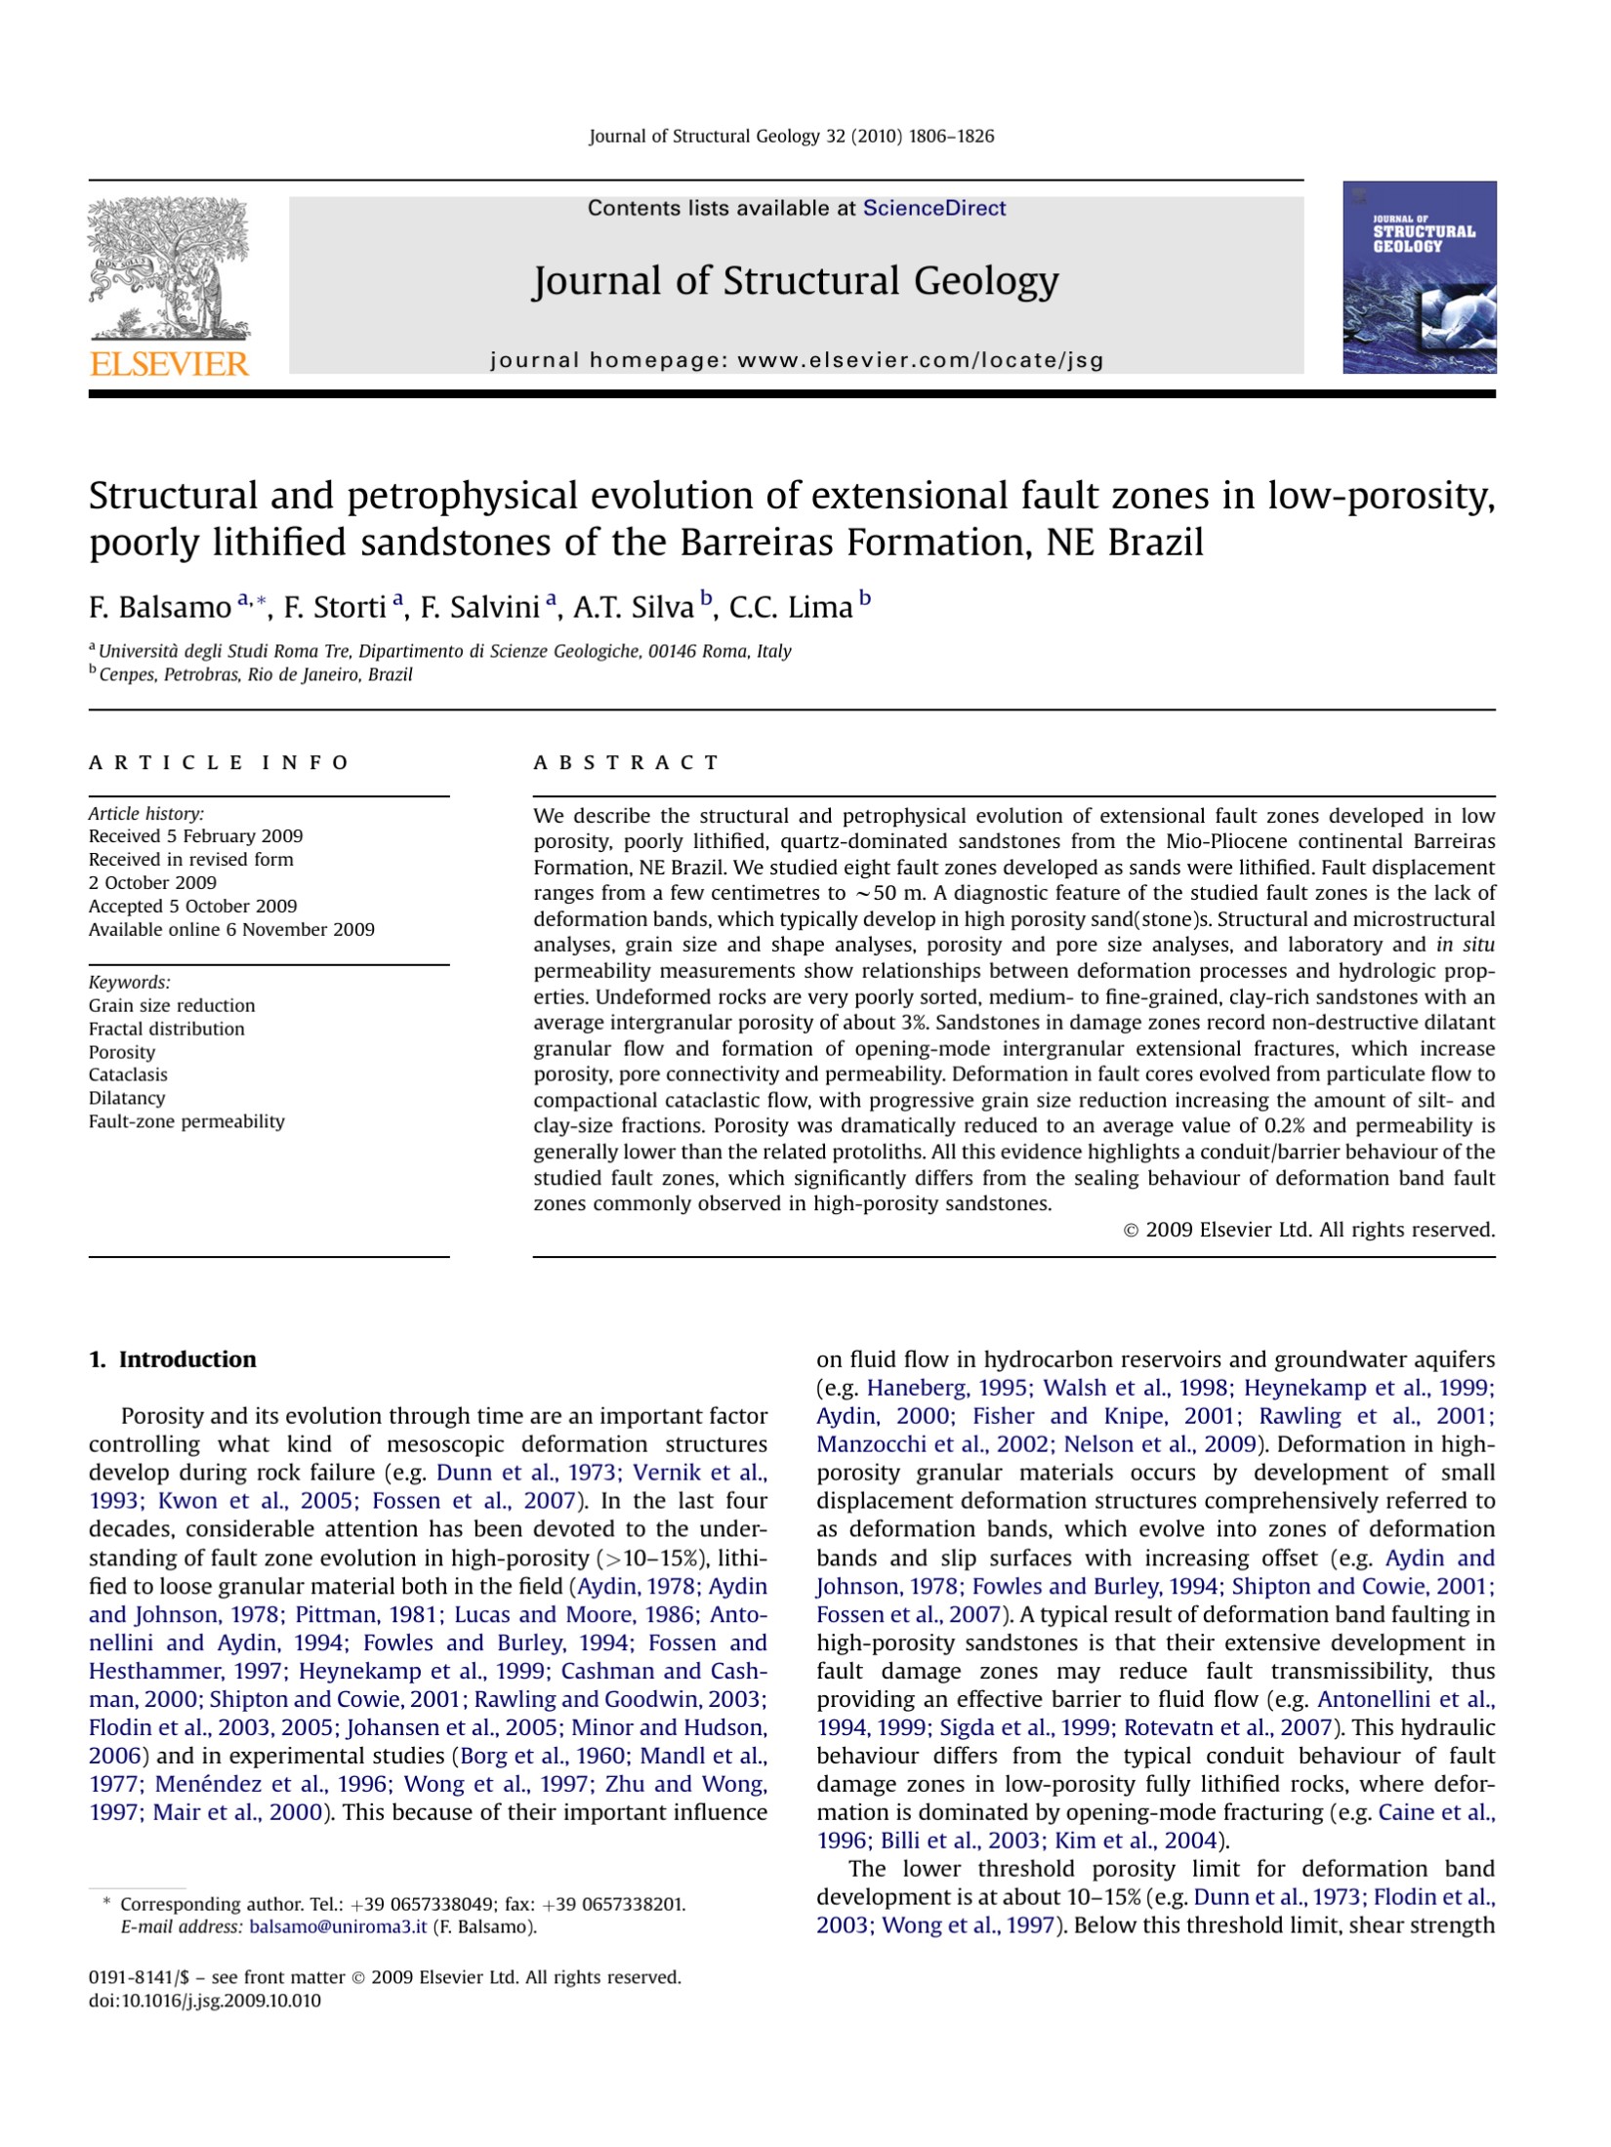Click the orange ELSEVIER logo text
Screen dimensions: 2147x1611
pyautogui.click(x=169, y=364)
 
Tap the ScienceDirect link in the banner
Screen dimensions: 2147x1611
pyautogui.click(x=933, y=208)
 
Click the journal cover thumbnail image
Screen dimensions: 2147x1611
pyautogui.click(x=1419, y=277)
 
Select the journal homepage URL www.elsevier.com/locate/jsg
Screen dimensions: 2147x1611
pyautogui.click(x=920, y=360)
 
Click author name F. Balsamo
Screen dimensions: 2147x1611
pyautogui.click(x=159, y=608)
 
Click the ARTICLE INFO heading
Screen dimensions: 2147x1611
pyautogui.click(x=218, y=763)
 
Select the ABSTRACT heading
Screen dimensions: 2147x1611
pyautogui.click(x=626, y=763)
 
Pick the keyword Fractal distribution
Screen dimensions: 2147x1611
pyautogui.click(x=166, y=1029)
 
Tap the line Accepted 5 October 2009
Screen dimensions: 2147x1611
pyautogui.click(x=192, y=906)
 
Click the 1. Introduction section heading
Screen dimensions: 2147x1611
pyautogui.click(x=172, y=1359)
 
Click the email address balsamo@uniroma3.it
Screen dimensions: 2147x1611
pyautogui.click(x=338, y=1926)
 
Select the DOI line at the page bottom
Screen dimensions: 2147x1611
pyautogui.click(x=204, y=2001)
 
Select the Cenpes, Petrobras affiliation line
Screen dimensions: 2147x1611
pyautogui.click(x=254, y=674)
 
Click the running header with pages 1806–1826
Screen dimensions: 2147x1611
pyautogui.click(x=791, y=137)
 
